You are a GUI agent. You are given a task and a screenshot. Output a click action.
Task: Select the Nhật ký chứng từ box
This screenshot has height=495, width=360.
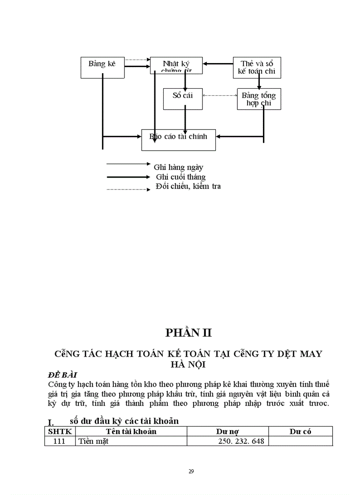pos(176,65)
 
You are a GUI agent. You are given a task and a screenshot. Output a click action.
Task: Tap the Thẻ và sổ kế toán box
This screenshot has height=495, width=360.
pos(256,67)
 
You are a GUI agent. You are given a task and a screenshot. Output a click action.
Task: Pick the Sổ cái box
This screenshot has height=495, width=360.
pos(183,99)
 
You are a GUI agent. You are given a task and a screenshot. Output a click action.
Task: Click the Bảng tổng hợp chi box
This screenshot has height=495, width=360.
pos(259,99)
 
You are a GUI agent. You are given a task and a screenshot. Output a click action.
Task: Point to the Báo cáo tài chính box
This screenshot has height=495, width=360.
pos(178,140)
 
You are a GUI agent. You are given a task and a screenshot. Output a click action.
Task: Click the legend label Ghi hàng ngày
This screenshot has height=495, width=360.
pos(178,167)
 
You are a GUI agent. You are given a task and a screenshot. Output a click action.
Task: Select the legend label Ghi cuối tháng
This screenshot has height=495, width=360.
pos(180,177)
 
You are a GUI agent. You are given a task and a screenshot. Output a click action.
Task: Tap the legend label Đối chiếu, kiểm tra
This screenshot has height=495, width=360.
pos(188,186)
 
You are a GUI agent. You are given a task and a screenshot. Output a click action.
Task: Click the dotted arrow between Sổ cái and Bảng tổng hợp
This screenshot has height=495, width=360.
pos(220,95)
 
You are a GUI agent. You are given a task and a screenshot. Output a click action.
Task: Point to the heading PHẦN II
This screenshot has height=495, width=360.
pos(188,333)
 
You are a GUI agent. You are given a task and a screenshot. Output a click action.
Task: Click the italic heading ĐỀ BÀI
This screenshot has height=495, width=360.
pos(63,375)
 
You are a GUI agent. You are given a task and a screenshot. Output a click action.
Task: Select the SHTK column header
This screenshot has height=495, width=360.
pos(60,432)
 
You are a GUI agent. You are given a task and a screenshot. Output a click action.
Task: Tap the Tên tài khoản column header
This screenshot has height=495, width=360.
pos(131,432)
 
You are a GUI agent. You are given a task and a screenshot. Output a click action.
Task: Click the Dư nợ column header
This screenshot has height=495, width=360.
pos(228,432)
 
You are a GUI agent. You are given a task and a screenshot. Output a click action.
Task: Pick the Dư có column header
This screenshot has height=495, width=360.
pos(300,432)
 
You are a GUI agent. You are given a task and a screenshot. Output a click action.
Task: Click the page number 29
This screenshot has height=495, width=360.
pos(191,471)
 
